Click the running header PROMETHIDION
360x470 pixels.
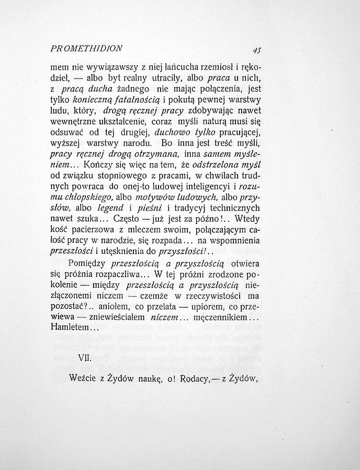[x=86, y=48]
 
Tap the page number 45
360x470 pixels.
[x=256, y=51]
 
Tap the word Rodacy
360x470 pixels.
[x=192, y=379]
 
